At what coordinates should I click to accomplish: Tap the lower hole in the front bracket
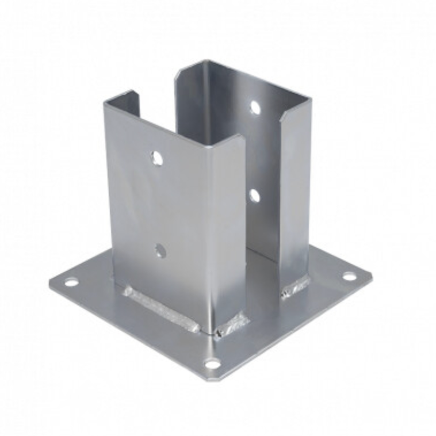(x=160, y=250)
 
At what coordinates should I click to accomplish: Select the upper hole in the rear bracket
(x=255, y=107)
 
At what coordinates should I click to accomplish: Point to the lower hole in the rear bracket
(x=254, y=196)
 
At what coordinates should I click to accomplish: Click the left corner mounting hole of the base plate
(x=71, y=282)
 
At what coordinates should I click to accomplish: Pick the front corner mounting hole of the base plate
(x=213, y=364)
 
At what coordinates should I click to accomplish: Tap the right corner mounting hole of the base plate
(x=349, y=276)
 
